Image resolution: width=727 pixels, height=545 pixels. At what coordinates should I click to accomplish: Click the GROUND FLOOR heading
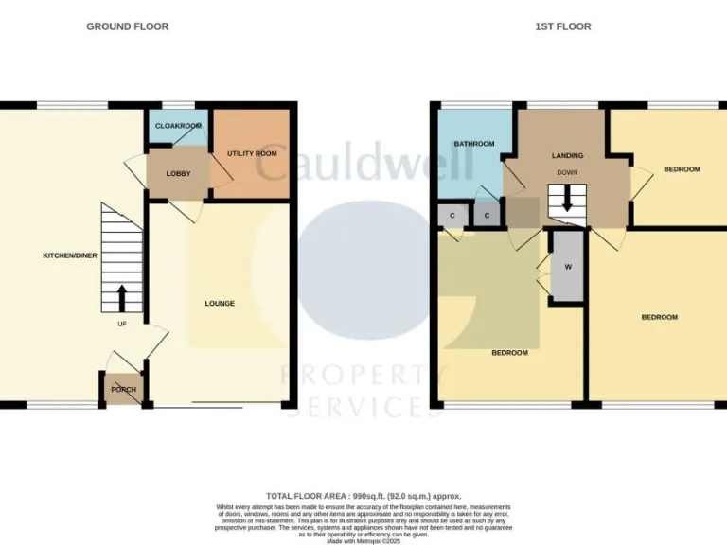[127, 26]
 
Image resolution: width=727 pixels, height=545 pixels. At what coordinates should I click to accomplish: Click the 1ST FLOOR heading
[562, 26]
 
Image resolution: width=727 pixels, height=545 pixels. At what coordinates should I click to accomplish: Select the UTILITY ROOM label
[252, 153]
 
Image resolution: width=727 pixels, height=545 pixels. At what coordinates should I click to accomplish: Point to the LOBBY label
[178, 174]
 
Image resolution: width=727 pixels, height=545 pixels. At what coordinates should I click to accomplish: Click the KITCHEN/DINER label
[70, 255]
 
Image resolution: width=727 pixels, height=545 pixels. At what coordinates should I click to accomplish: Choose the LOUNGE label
[220, 304]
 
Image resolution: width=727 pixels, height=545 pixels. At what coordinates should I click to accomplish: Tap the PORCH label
[124, 390]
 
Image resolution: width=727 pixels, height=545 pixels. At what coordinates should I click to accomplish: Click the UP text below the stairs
[122, 325]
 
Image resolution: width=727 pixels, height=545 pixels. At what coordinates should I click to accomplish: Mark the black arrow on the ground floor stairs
[121, 299]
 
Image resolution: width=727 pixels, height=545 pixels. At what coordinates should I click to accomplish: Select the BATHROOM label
[473, 144]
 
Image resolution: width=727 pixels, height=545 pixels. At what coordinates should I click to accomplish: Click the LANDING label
[567, 156]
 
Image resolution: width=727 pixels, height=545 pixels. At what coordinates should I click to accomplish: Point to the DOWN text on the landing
[567, 173]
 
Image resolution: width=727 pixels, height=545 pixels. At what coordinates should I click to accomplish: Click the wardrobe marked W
[568, 267]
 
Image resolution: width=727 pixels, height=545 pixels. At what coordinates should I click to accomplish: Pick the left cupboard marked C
[452, 216]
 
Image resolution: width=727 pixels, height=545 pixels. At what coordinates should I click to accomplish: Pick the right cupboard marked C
[487, 216]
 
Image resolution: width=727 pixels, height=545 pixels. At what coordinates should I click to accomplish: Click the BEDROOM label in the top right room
[682, 169]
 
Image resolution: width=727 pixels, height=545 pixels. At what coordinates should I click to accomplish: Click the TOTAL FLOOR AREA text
[363, 496]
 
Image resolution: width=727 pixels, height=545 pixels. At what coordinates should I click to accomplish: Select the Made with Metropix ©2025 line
[363, 540]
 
